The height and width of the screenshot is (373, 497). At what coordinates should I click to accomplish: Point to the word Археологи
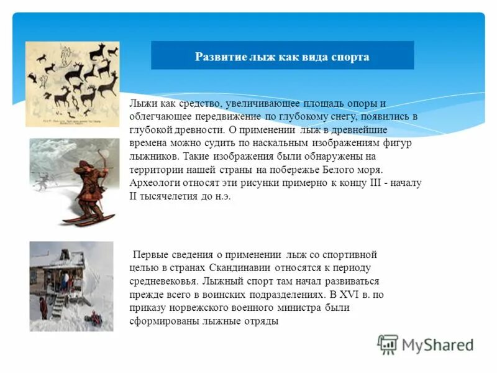[x=154, y=183]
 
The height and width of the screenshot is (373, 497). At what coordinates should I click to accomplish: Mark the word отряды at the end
[x=263, y=321]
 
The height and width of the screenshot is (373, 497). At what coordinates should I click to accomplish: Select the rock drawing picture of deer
[x=72, y=84]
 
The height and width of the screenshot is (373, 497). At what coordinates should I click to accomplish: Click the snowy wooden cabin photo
[x=71, y=286]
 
